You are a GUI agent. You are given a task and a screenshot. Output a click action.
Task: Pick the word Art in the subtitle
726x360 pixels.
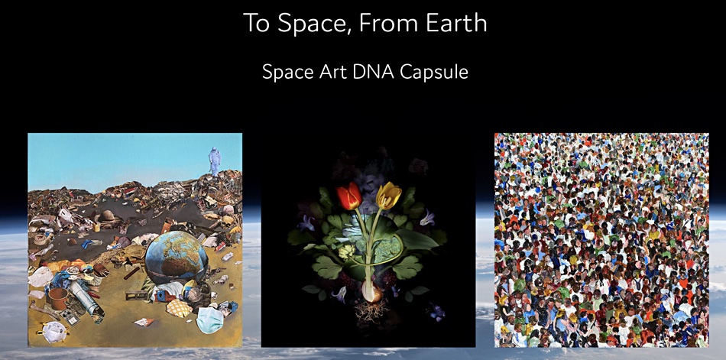tap(329, 71)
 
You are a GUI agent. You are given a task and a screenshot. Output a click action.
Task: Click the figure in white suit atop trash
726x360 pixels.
tap(215, 161)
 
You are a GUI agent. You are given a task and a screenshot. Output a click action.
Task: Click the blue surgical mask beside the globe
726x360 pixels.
tap(209, 319)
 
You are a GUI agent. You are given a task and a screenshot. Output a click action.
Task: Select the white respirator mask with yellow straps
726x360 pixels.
tap(54, 331)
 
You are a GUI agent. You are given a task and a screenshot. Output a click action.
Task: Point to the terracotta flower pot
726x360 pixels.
tap(58, 298)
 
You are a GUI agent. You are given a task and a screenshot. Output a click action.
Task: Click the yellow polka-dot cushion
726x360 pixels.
tap(179, 308)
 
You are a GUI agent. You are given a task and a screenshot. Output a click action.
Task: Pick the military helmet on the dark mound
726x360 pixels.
tap(107, 216)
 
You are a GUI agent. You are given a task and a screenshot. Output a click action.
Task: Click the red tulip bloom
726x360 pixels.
tap(349, 196)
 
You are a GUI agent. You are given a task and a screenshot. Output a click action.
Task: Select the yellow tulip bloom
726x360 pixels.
tap(388, 195)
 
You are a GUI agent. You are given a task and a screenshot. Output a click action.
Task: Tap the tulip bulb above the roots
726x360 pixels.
tap(373, 292)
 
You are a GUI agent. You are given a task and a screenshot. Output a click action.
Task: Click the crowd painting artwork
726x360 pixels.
tap(601, 240)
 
